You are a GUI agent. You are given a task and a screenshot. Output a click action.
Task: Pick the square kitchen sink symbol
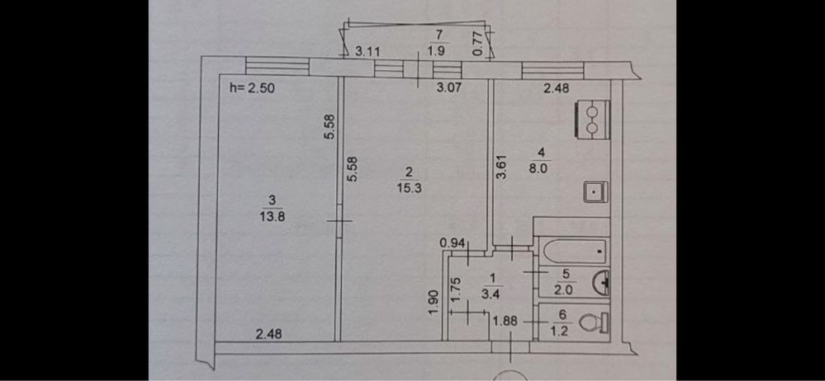(595, 191)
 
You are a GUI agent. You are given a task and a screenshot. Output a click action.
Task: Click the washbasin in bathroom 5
(603, 283)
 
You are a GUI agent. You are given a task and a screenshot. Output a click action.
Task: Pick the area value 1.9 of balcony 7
(439, 49)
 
